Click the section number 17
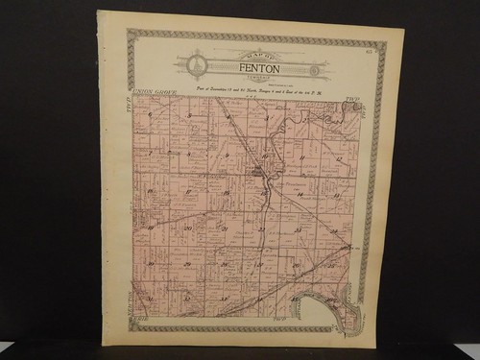(x=188, y=191)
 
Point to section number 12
(x=339, y=156)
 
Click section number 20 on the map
(x=187, y=228)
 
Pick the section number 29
(x=187, y=263)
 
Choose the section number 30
(x=152, y=263)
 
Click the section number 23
(x=298, y=229)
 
